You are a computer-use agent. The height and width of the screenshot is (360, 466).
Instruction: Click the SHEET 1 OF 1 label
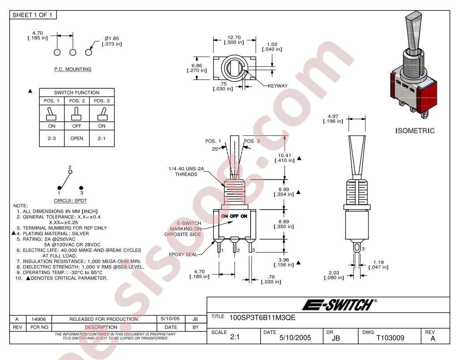32,15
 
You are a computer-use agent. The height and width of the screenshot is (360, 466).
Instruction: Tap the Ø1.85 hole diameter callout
112,38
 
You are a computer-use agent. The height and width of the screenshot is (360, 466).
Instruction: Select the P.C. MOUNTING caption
72,69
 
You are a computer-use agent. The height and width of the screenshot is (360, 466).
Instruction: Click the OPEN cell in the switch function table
77,139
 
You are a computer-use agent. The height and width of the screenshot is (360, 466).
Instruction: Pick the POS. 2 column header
77,101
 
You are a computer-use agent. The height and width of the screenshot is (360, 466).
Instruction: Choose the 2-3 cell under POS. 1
52,139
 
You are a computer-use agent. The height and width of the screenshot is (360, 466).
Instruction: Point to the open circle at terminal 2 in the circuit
70,172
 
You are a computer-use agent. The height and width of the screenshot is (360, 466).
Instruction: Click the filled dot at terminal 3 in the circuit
81,188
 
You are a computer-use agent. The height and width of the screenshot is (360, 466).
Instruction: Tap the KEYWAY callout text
278,86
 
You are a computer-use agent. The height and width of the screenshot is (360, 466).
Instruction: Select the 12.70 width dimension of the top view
234,37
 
